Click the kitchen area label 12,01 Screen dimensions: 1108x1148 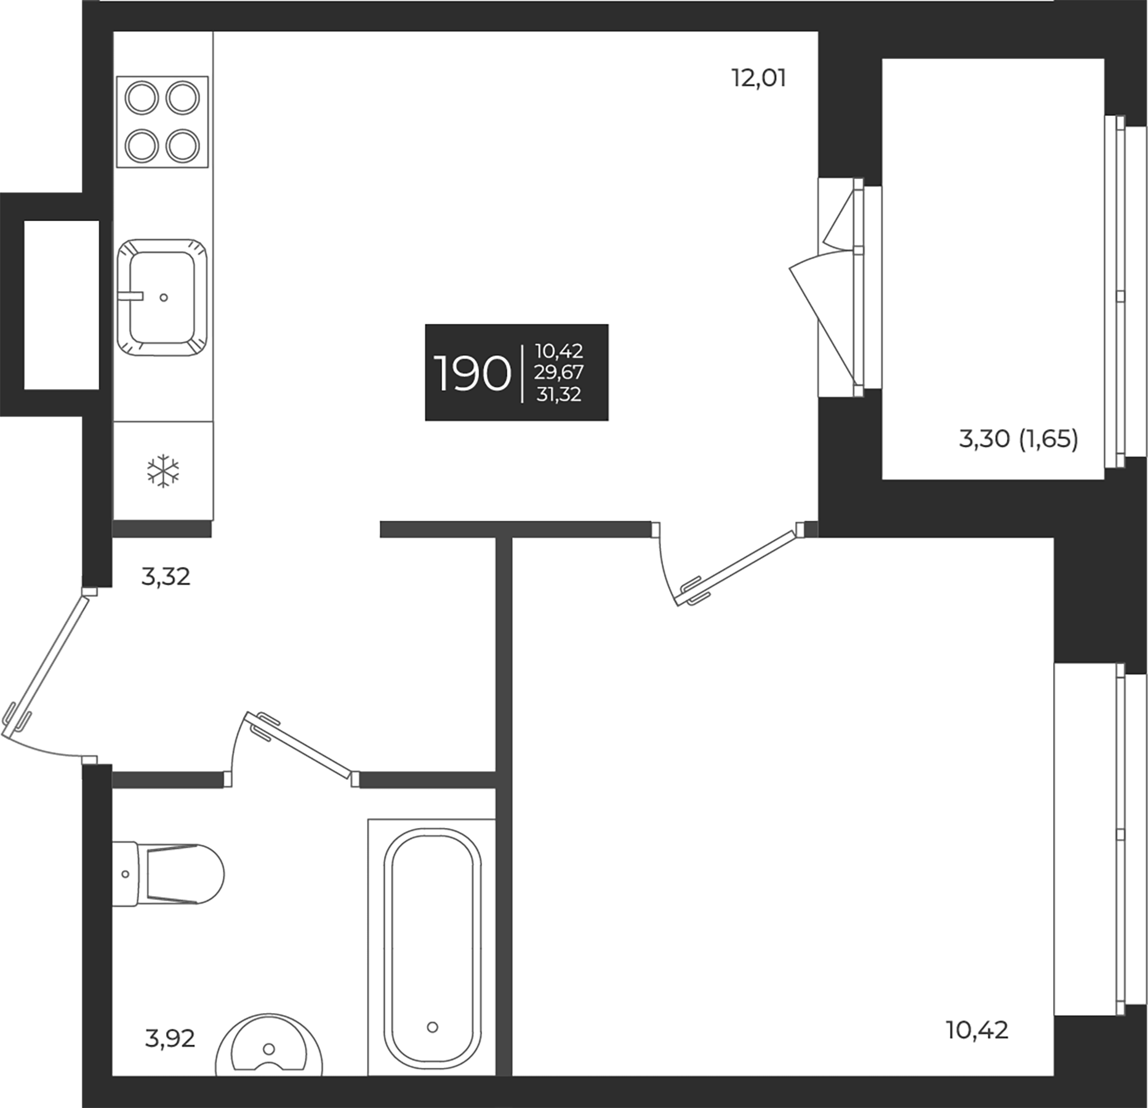click(x=758, y=79)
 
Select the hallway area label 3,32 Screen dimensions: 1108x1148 click(x=166, y=577)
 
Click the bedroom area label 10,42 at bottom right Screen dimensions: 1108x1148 click(x=977, y=1029)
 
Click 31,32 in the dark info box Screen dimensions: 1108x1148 click(x=558, y=395)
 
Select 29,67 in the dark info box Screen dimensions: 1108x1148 click(x=558, y=372)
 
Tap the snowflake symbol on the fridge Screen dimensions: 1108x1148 click(x=163, y=472)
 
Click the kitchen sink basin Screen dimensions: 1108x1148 click(x=163, y=297)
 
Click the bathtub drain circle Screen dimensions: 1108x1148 click(x=432, y=1027)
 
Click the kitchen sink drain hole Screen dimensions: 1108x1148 click(x=164, y=297)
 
